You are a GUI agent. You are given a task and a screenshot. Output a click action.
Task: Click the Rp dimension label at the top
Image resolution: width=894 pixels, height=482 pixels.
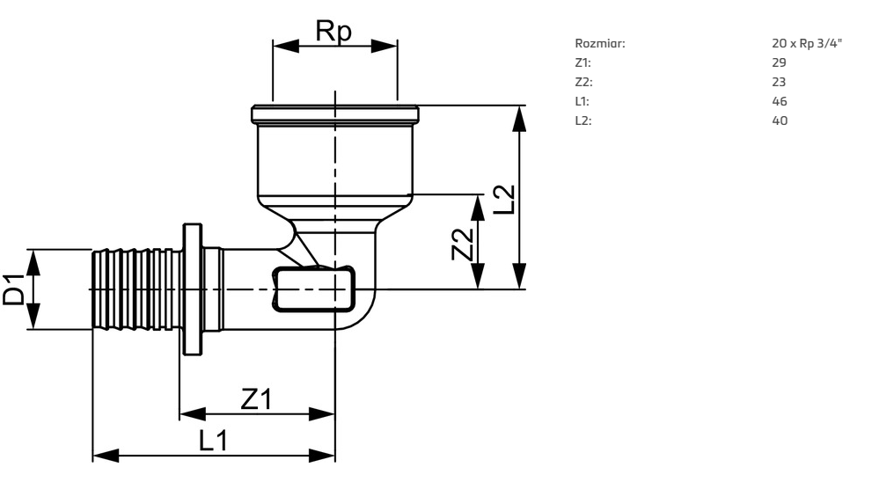click(334, 32)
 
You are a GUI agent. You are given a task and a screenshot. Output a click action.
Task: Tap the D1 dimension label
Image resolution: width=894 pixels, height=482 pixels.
click(14, 289)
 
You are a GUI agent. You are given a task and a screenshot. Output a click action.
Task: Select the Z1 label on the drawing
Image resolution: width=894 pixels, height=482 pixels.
click(256, 398)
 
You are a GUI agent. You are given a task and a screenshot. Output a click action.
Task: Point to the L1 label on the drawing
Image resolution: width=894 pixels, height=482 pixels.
click(213, 441)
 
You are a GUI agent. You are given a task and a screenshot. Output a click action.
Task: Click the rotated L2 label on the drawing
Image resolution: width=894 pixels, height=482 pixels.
click(504, 200)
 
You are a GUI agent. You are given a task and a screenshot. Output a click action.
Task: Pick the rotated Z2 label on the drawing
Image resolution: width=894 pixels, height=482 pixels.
click(462, 245)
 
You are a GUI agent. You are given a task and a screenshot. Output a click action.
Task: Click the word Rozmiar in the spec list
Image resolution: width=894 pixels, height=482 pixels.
click(600, 43)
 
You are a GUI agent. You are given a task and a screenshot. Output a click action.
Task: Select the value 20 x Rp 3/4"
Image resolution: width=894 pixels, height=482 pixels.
click(807, 43)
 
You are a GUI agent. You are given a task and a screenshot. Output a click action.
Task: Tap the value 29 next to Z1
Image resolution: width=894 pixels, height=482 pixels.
click(779, 62)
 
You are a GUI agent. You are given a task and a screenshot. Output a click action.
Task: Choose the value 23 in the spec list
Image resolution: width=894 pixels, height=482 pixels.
click(779, 82)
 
